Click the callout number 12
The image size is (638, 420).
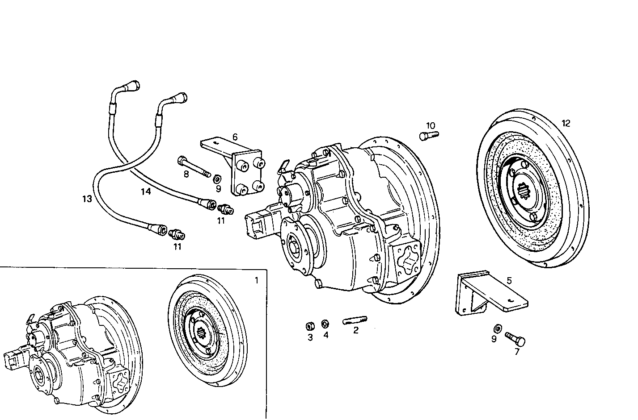tap(566, 124)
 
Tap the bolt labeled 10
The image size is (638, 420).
tap(429, 135)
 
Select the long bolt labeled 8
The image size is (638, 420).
tap(194, 166)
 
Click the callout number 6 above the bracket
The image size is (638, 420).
tap(235, 137)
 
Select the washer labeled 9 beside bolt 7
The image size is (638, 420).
tap(496, 329)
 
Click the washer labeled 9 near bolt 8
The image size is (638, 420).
tap(216, 179)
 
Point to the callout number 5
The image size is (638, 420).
tap(509, 281)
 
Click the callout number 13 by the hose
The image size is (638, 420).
tap(87, 199)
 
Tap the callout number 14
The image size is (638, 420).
tap(145, 192)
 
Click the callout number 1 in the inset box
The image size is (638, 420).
tap(256, 280)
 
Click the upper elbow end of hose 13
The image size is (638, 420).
tap(134, 85)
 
